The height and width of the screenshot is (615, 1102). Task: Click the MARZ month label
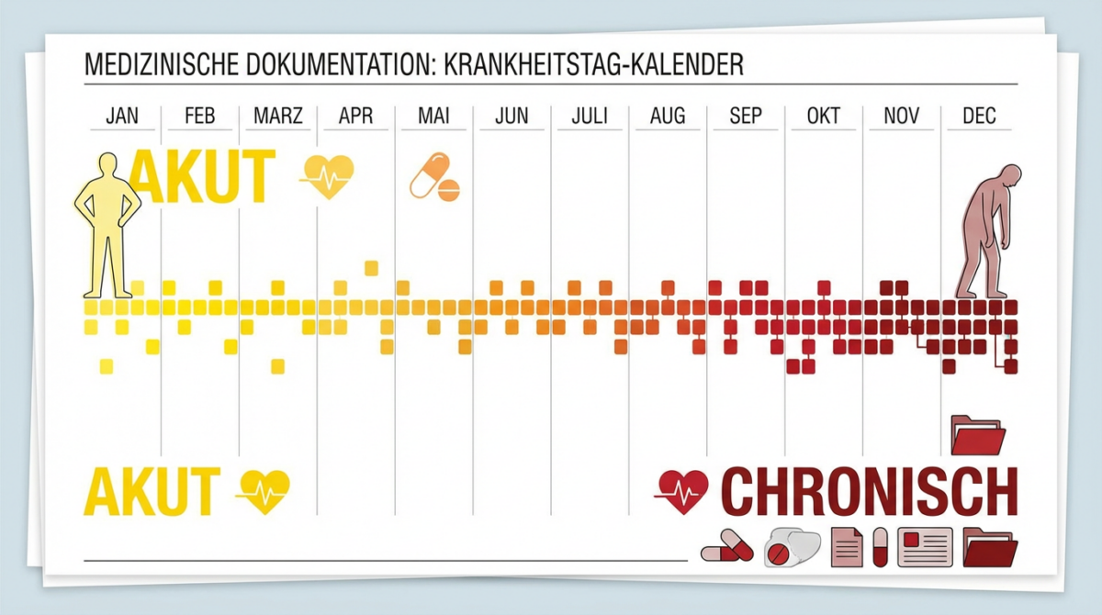(278, 117)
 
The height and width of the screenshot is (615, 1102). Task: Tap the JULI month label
(590, 117)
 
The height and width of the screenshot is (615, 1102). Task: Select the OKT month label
(823, 117)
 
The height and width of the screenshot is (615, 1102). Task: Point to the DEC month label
(979, 117)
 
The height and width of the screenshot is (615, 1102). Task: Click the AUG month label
(667, 117)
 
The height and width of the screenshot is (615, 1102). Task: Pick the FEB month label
(199, 117)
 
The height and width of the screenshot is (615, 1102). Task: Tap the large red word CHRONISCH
(870, 492)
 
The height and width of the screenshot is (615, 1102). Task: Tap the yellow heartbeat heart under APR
(330, 175)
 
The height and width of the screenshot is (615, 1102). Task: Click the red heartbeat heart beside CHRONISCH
(684, 492)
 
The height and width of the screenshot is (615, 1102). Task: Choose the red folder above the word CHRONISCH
(978, 434)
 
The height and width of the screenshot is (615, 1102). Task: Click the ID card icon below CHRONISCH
(925, 547)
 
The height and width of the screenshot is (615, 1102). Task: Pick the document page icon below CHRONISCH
(846, 547)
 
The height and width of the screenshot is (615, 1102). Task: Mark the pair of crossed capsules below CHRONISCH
(727, 547)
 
